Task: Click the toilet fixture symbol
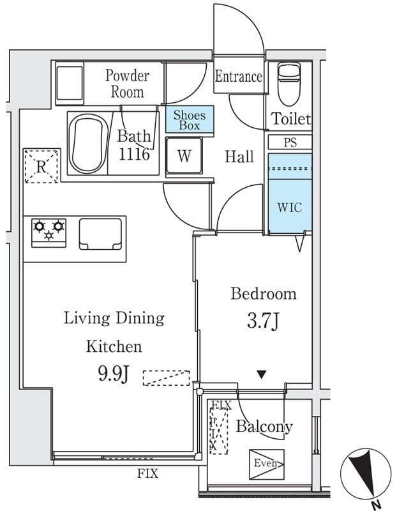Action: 289,84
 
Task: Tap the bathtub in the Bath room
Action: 89,143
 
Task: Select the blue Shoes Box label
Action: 190,120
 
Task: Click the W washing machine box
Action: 184,156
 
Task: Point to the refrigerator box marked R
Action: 41,166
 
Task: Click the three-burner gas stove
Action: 49,233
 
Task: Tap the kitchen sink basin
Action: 101,234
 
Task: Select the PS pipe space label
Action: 290,142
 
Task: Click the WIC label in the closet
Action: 290,208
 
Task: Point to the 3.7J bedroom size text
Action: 262,321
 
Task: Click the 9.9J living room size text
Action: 114,374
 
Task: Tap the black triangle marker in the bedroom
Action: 262,374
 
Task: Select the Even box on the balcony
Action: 267,464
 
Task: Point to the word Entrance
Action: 239,77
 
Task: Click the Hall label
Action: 239,156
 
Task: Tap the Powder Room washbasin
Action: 70,83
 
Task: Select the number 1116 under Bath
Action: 134,154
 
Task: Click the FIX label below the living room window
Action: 147,473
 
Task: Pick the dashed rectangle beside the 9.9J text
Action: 167,378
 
